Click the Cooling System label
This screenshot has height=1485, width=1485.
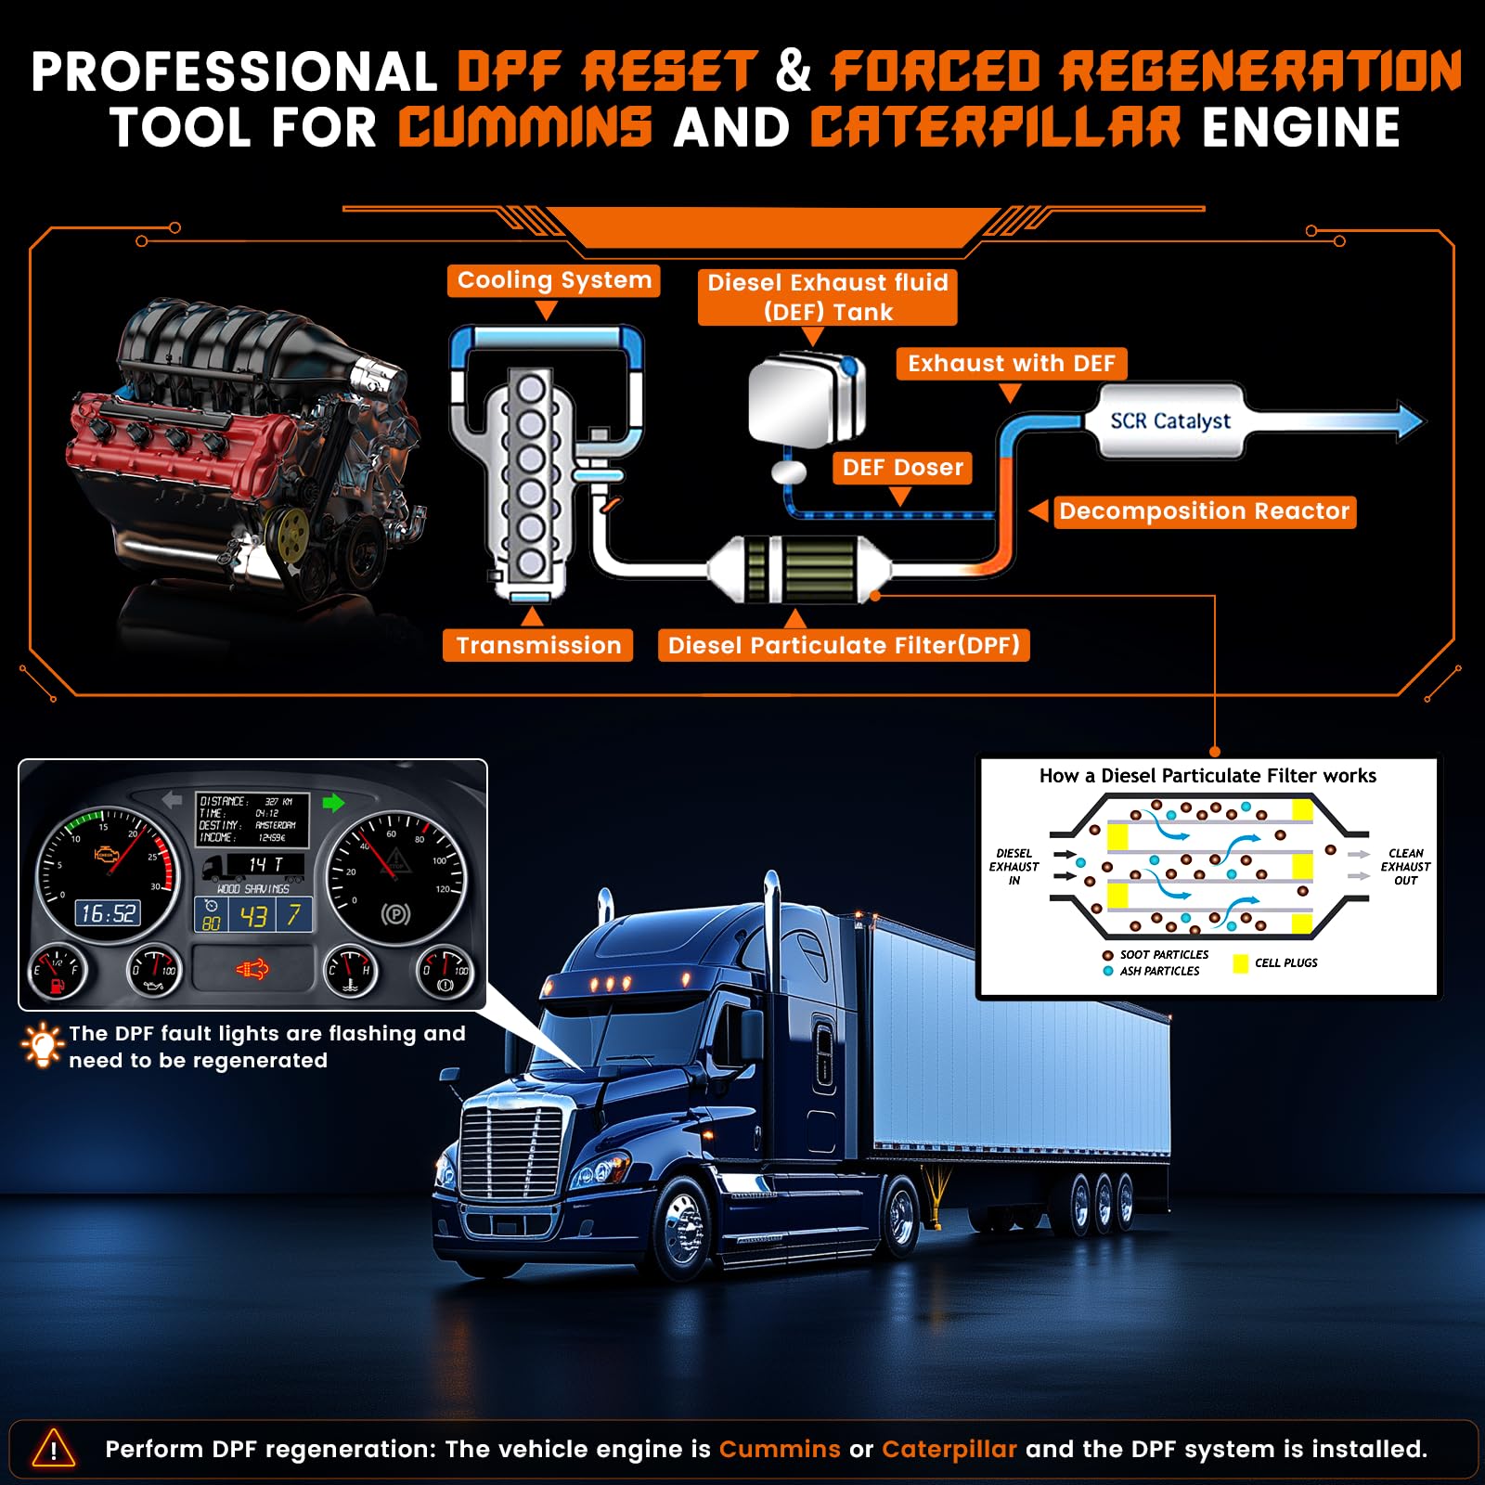click(554, 280)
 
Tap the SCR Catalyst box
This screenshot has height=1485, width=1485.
click(1170, 421)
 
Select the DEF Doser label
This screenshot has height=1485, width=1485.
click(902, 467)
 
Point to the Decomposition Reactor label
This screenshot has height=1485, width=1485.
click(1204, 511)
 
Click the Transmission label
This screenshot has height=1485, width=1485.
click(538, 645)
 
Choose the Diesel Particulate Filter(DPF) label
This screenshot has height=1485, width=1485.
click(844, 645)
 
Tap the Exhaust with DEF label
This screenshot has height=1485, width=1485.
click(1012, 364)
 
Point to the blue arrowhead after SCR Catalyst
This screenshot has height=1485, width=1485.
click(1408, 420)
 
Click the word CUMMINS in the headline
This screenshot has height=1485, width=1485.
click(525, 127)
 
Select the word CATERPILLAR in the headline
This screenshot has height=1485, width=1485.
click(996, 127)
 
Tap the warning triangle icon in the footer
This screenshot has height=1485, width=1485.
click(54, 1449)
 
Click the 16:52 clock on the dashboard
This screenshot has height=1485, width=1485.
click(108, 913)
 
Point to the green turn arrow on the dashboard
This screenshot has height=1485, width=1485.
click(333, 803)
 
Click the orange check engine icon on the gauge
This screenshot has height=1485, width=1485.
click(107, 854)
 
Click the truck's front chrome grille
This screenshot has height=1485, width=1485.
click(512, 1156)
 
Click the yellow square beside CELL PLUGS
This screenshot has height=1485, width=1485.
click(1240, 963)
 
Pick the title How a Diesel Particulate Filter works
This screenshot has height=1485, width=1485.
click(1207, 776)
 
